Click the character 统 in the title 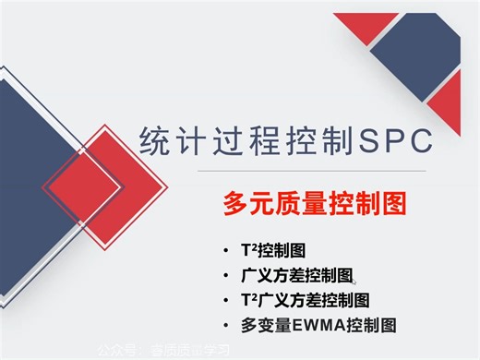[x=153, y=141]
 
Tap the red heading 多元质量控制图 [x=315, y=203]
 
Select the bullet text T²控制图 [x=272, y=251]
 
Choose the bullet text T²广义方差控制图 [x=304, y=300]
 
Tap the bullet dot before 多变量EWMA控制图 [x=226, y=326]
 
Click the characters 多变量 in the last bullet [x=263, y=325]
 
